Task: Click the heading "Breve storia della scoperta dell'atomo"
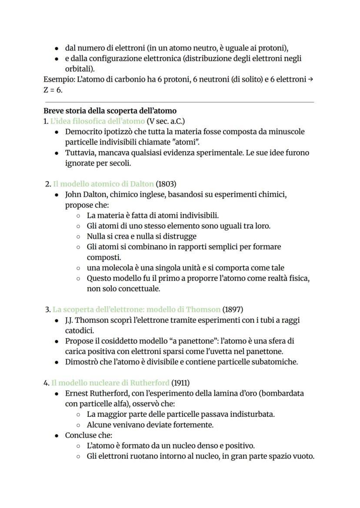[110, 111]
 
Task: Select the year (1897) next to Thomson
[233, 310]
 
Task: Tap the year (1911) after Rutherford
[180, 383]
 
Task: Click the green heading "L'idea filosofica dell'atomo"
[97, 121]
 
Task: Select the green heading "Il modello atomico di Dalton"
[103, 184]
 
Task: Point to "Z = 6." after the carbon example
[53, 90]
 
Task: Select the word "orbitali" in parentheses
[78, 69]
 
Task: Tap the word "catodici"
[79, 331]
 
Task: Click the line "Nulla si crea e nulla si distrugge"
[141, 236]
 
